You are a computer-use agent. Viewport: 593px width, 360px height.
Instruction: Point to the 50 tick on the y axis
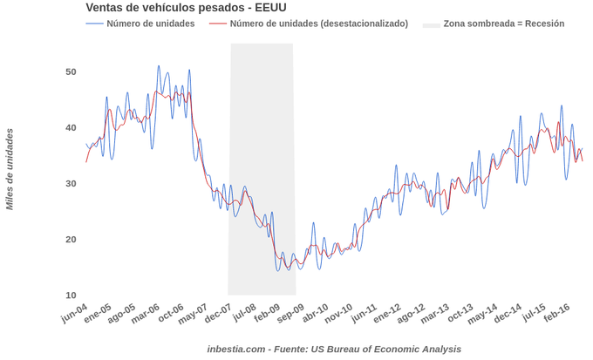[x=71, y=71]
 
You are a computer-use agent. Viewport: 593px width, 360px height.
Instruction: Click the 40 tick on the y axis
[x=71, y=127]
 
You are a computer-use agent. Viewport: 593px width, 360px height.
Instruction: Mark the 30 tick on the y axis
[x=71, y=183]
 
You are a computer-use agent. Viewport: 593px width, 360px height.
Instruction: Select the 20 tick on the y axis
[x=71, y=239]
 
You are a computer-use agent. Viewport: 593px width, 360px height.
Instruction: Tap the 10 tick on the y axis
[x=71, y=295]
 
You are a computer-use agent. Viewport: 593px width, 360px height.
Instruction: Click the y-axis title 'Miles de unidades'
[x=10, y=169]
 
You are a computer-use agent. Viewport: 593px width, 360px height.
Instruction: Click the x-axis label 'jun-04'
[x=74, y=313]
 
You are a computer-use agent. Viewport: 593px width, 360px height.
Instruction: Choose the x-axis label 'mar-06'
[x=147, y=313]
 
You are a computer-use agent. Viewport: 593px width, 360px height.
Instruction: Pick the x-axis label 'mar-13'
[x=434, y=313]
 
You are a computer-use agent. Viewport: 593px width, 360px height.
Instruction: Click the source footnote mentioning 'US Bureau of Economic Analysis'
[x=334, y=349]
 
